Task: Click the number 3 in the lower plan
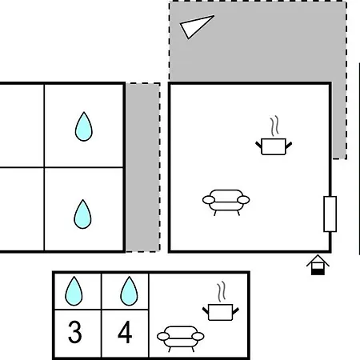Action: (x=75, y=332)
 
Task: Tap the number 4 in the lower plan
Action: (x=125, y=332)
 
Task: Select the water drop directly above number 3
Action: (x=74, y=291)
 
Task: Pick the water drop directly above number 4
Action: (x=129, y=291)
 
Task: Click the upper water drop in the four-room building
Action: (x=84, y=127)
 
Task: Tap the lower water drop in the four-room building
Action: (x=82, y=214)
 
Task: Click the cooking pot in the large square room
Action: (x=274, y=146)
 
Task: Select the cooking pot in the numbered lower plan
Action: (x=221, y=312)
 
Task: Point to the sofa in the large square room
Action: (x=226, y=202)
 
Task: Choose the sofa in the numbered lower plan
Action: (x=181, y=338)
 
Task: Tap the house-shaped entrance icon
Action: (x=318, y=265)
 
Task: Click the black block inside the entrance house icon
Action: (x=318, y=272)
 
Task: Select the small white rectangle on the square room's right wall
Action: (x=330, y=214)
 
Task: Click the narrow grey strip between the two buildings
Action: (x=143, y=167)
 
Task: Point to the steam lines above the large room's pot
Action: (x=274, y=126)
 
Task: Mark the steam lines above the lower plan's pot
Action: (x=222, y=291)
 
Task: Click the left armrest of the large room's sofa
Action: (x=209, y=200)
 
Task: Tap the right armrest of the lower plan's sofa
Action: (x=198, y=336)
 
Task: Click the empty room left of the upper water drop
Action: (x=22, y=126)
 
